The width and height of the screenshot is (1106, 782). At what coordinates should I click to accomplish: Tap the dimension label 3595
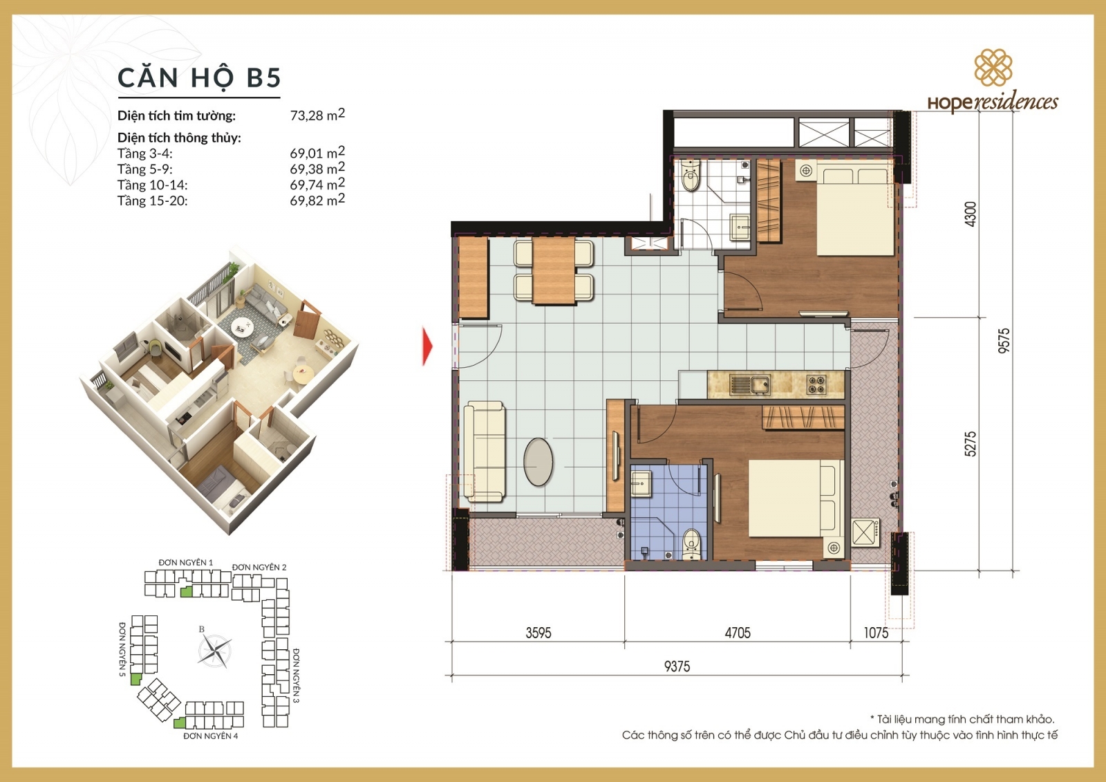538,633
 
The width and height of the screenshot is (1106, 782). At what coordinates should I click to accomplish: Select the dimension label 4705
738,633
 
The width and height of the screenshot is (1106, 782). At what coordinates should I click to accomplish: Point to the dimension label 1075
876,633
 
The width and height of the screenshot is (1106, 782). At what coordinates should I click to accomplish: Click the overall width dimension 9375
677,667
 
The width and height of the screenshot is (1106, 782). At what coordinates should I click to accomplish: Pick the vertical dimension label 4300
971,214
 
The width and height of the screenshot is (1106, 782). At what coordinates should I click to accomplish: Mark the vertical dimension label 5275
971,444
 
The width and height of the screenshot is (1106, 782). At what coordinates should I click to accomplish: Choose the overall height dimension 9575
1004,341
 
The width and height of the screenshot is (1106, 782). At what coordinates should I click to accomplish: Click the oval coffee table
538,463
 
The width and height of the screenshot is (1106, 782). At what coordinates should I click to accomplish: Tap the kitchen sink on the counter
750,385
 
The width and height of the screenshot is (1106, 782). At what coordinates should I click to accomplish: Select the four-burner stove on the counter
816,385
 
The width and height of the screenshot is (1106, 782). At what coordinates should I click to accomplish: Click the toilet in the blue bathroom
691,544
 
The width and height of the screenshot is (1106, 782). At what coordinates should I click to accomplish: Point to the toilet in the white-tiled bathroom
691,176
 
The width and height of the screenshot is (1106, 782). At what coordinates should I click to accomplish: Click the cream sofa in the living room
485,451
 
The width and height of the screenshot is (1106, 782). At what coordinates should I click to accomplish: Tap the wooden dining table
554,271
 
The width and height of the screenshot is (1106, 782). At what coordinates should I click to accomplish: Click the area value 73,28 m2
317,115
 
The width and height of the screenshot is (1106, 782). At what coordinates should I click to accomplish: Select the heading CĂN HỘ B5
200,77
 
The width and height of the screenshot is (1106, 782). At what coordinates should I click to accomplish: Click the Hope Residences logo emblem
993,67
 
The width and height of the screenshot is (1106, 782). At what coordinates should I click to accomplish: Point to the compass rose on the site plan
214,651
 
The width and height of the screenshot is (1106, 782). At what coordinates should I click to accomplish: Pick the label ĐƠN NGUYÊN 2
259,567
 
